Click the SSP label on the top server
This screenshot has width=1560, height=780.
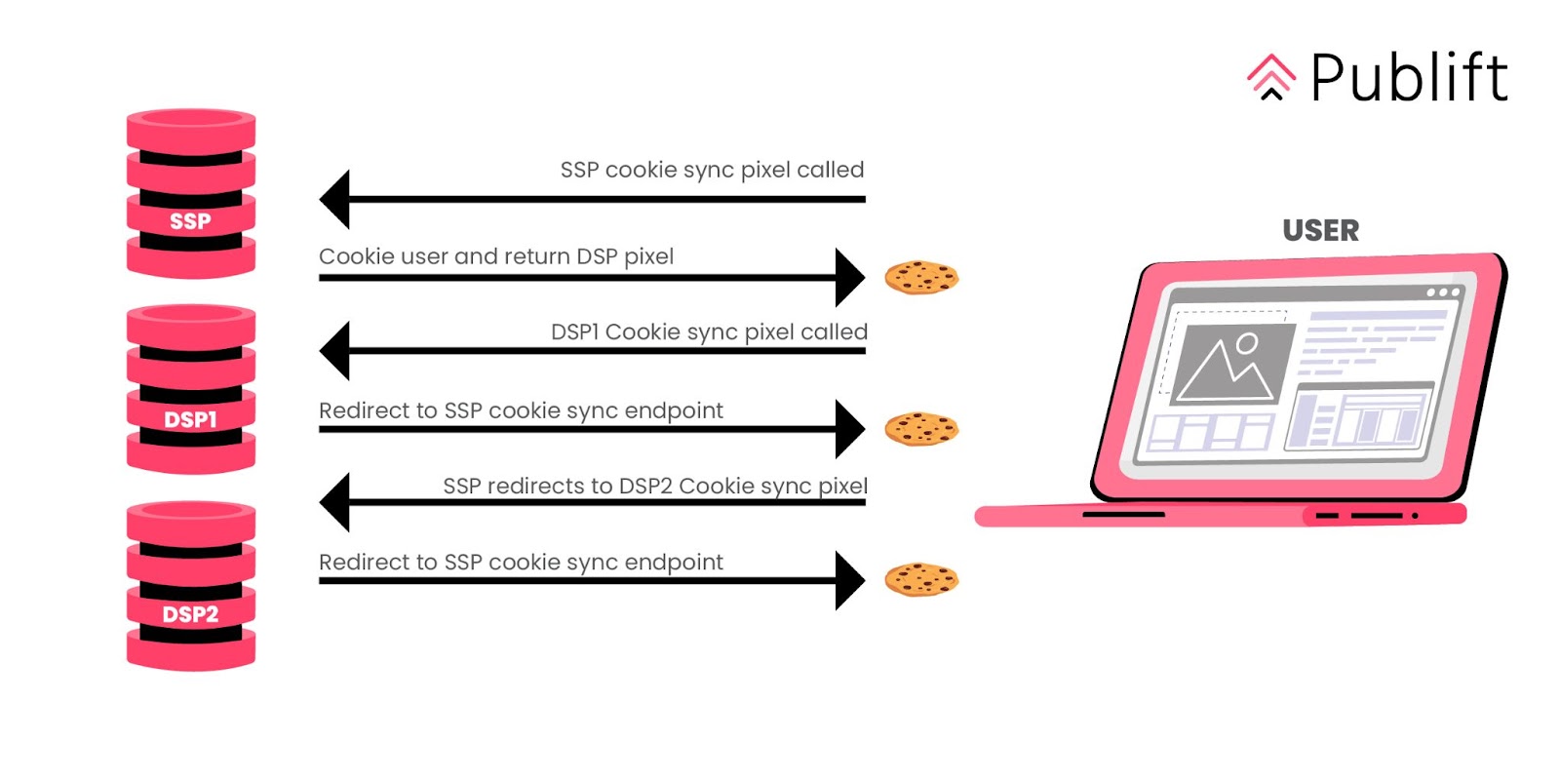point(190,221)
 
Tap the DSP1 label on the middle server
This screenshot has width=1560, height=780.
point(190,419)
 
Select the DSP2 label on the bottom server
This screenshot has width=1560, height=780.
point(190,614)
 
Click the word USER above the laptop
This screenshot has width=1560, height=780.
point(1320,230)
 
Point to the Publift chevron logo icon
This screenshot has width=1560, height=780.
point(1271,77)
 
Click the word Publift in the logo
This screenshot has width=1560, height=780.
point(1409,78)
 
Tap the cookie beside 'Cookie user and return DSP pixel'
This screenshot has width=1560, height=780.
point(921,278)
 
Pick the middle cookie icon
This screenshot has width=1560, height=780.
point(921,429)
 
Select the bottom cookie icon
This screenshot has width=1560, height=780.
point(921,580)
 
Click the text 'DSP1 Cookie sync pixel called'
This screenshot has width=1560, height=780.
point(709,331)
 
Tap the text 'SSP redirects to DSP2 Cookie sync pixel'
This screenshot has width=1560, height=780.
point(655,486)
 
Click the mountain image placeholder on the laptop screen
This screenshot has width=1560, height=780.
point(1228,366)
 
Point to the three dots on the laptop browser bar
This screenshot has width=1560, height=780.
point(1443,292)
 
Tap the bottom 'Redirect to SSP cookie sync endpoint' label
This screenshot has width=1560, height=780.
point(521,563)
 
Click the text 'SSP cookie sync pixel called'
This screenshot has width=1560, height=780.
point(712,170)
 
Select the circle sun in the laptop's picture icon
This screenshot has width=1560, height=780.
point(1247,342)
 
